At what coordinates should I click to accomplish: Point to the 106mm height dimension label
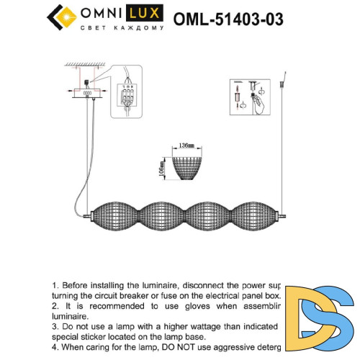click(x=163, y=168)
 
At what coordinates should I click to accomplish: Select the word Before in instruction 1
click(x=77, y=285)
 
